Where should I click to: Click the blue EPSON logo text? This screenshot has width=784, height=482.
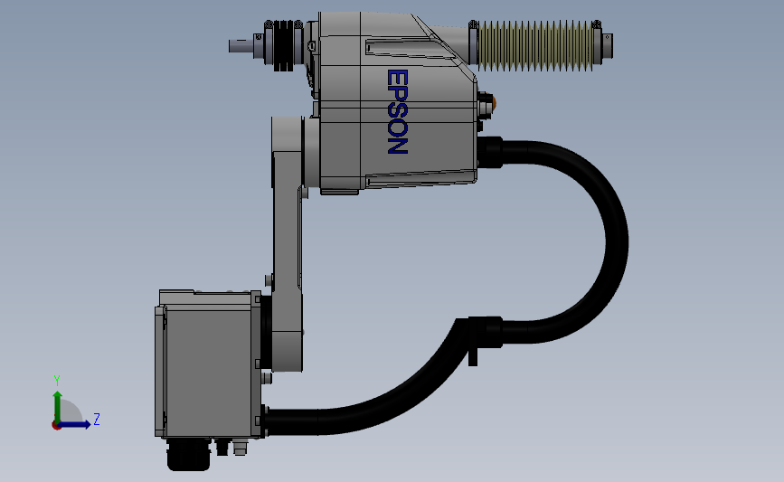pyautogui.click(x=398, y=111)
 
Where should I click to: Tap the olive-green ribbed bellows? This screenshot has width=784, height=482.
pyautogui.click(x=535, y=45)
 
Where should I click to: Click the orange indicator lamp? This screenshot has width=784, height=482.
pyautogui.click(x=494, y=102)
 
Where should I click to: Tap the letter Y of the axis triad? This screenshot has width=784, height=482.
pyautogui.click(x=57, y=381)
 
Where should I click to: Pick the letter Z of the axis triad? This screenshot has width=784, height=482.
pyautogui.click(x=97, y=419)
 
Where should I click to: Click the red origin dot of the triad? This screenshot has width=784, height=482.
pyautogui.click(x=56, y=426)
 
